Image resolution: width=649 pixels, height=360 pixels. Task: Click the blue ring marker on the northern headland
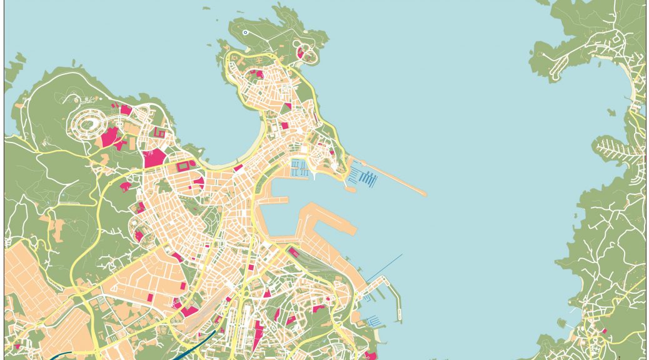point(245,32)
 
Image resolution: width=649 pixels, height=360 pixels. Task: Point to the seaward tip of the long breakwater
point(426,194)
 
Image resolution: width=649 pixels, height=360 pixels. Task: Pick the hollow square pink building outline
point(160,132)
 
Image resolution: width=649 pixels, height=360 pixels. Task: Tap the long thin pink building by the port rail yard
point(292,252)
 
